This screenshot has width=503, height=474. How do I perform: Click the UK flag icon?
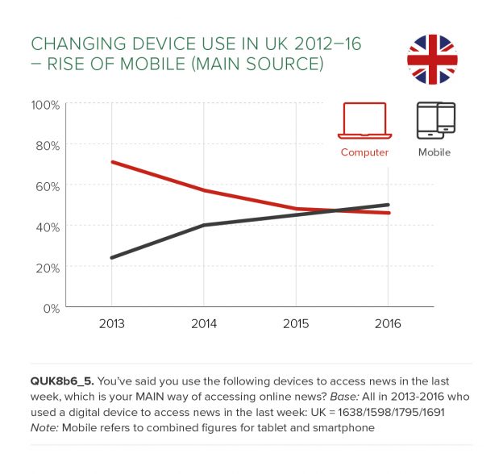click(x=432, y=59)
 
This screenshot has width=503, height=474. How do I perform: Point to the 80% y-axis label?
click(x=46, y=145)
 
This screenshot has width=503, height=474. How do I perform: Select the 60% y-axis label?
click(x=46, y=186)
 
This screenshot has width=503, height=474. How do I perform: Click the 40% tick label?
click(x=46, y=227)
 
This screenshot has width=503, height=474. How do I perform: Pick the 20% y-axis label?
click(x=46, y=267)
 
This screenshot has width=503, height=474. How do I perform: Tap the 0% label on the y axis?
click(x=49, y=308)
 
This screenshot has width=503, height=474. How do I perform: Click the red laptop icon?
click(x=364, y=121)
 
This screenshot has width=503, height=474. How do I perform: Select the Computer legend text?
click(x=364, y=152)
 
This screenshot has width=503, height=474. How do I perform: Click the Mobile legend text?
click(x=434, y=152)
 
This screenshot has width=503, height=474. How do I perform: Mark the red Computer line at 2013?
click(x=112, y=162)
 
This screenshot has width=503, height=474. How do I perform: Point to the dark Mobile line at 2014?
click(x=204, y=225)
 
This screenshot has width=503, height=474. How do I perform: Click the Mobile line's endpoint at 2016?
click(x=389, y=205)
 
